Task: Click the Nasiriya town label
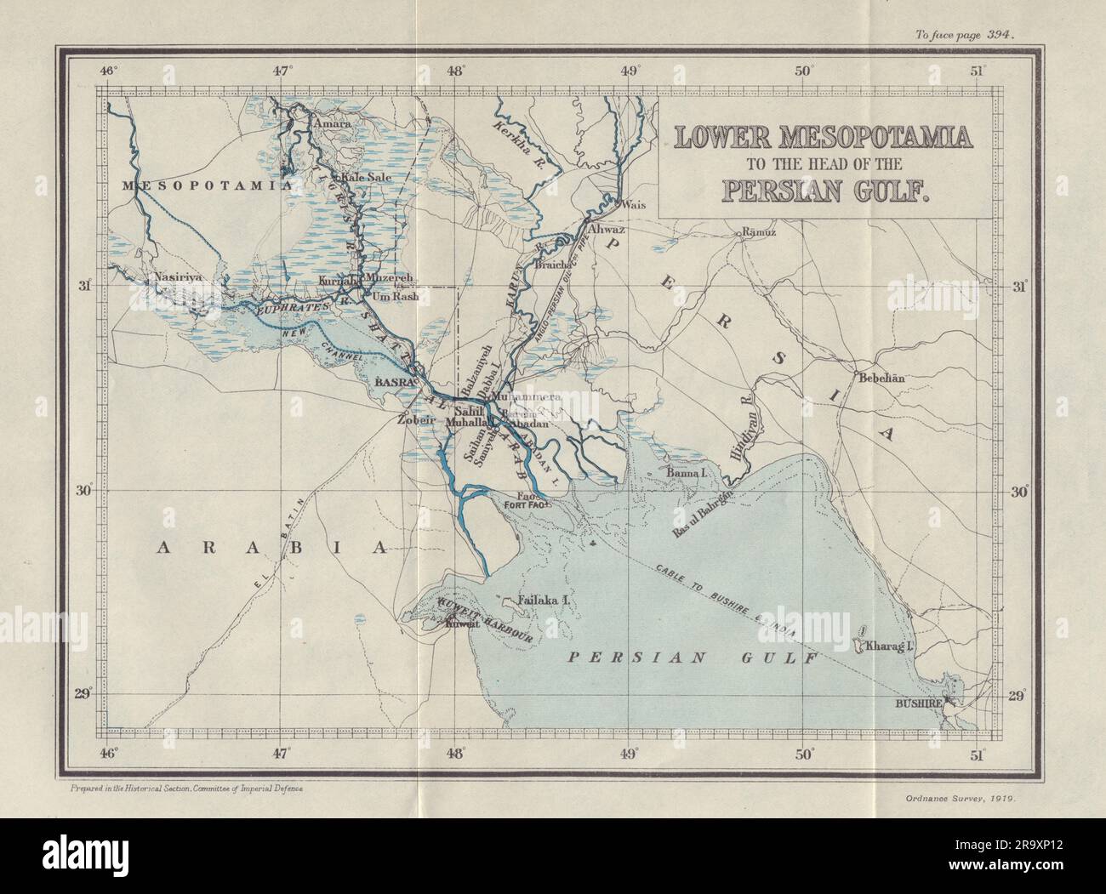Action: tap(176, 277)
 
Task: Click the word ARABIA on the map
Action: tap(271, 549)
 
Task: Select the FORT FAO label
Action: tap(528, 506)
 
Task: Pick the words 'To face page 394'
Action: tap(967, 11)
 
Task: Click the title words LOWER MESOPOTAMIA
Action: tap(824, 136)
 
